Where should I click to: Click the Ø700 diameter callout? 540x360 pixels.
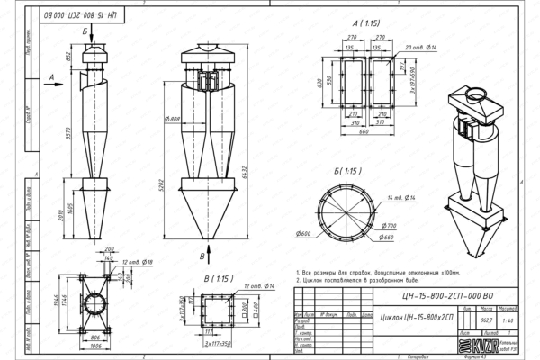[389, 226]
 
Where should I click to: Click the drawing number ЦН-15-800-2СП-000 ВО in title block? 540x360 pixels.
[442, 293]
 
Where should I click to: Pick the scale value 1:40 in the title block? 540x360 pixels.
[508, 319]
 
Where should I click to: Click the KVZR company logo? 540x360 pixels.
[472, 345]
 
